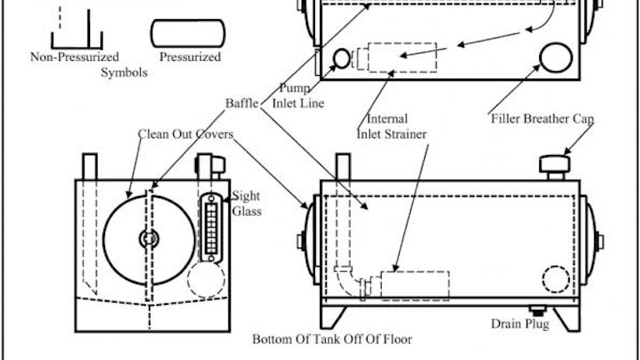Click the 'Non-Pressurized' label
point(75,57)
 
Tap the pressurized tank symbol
point(187,32)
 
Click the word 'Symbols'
point(125,72)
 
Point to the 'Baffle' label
point(241,103)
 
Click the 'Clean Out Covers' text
point(185,133)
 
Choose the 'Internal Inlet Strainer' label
point(392,126)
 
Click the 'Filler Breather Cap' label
point(542,119)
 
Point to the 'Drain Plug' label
point(520,323)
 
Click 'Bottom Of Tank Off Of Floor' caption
point(332,340)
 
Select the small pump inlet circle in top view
point(342,57)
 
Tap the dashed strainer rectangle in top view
point(402,56)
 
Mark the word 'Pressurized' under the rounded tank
point(190,57)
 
